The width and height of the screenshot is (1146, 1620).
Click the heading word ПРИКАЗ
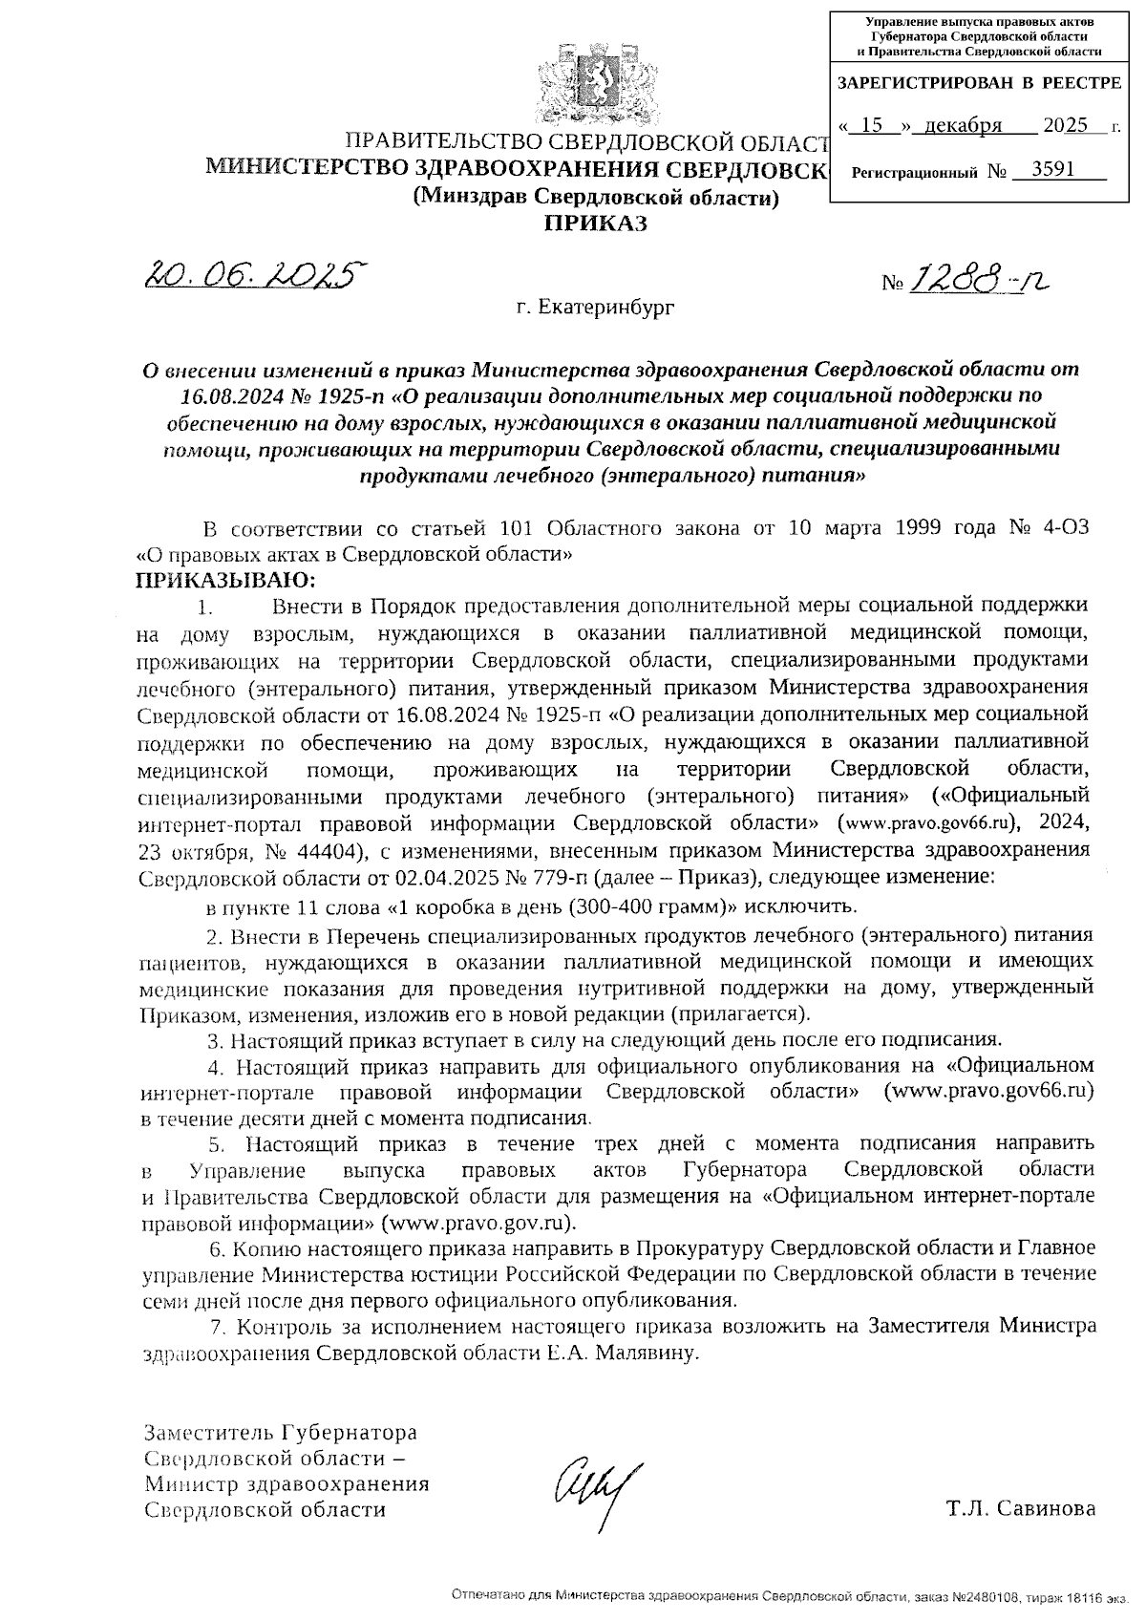point(595,224)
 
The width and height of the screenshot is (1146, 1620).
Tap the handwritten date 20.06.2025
point(255,276)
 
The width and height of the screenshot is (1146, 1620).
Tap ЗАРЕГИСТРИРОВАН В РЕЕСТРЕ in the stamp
point(979,83)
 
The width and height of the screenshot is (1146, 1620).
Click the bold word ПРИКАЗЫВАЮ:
point(225,579)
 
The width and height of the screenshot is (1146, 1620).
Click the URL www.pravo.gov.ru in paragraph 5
point(477,1223)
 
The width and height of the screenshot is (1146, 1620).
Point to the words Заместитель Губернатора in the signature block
point(280,1434)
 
